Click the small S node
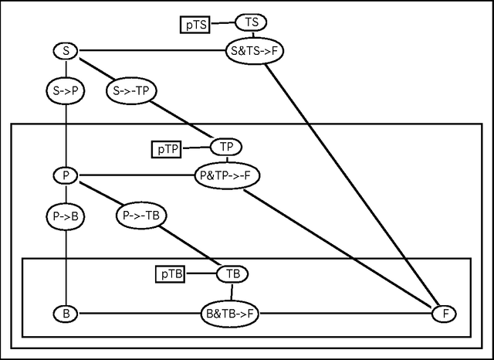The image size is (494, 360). (66, 52)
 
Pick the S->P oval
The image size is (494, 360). (66, 90)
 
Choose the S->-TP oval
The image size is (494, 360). (130, 90)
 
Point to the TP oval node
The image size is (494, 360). (226, 147)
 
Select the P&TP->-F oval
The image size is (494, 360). (227, 175)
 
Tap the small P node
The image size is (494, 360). (66, 176)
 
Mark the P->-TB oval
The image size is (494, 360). (143, 216)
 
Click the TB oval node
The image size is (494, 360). (232, 273)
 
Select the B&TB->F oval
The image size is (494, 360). (231, 314)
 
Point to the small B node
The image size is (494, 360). (66, 314)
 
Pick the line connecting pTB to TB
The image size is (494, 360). (201, 273)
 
